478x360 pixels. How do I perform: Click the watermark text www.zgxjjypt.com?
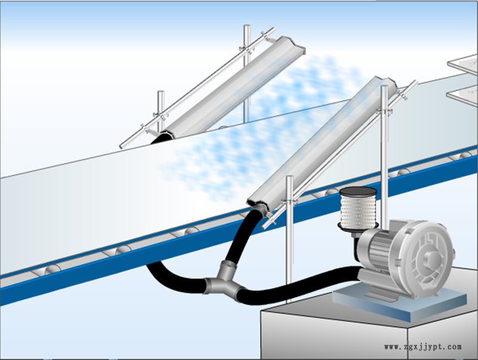pyautogui.click(x=423, y=347)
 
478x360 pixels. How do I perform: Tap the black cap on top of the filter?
pyautogui.click(x=358, y=191)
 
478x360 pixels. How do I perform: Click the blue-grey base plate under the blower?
pyautogui.click(x=399, y=301)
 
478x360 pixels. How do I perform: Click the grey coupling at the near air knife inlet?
pyautogui.click(x=259, y=210)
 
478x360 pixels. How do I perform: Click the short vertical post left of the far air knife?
pyautogui.click(x=161, y=111)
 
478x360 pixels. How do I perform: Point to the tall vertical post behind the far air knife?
pyautogui.click(x=247, y=73)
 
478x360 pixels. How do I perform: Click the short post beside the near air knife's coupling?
pyautogui.click(x=290, y=239)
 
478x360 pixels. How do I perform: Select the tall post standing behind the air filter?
pyautogui.click(x=385, y=152)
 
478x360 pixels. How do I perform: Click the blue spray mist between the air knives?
pyautogui.click(x=259, y=128)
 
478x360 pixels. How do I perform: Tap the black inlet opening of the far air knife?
pyautogui.click(x=161, y=138)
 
